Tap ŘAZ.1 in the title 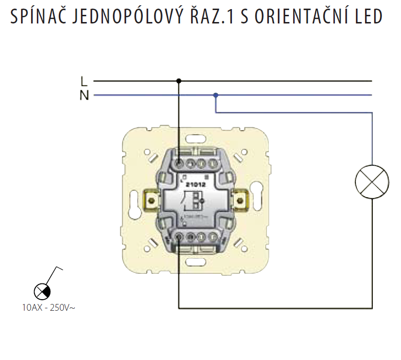(x=204, y=17)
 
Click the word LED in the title (x=367, y=17)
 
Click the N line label (x=84, y=95)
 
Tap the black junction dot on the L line (x=179, y=81)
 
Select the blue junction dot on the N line (x=216, y=95)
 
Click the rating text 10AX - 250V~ (x=48, y=308)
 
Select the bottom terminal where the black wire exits (x=178, y=236)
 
